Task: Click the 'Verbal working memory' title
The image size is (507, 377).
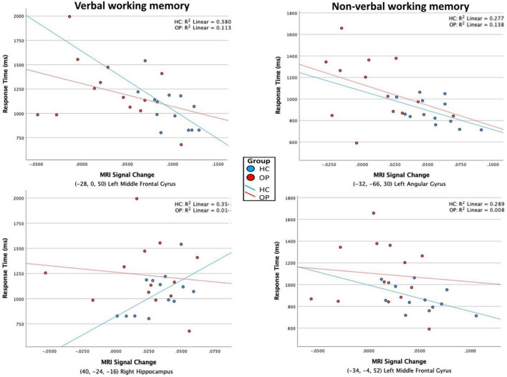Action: [x=130, y=6]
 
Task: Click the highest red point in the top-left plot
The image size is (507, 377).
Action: [x=69, y=16]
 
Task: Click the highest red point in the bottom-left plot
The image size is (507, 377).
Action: [x=137, y=199]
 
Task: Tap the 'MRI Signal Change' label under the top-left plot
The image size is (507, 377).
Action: [x=125, y=175]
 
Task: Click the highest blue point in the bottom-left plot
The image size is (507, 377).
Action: [x=182, y=245]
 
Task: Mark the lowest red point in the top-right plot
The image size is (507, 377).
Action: [x=357, y=143]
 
